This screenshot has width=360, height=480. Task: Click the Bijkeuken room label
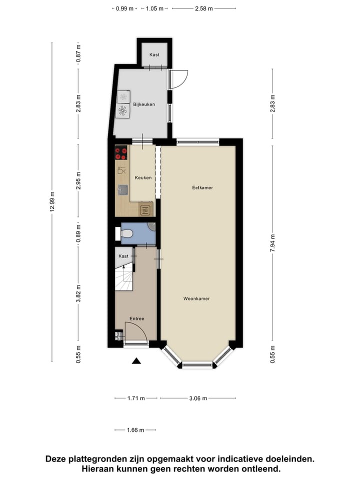(143, 104)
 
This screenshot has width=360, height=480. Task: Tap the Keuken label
(142, 177)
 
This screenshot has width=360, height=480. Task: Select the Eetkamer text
(202, 188)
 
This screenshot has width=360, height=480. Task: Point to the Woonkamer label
(196, 298)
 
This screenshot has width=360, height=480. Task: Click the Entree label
(136, 318)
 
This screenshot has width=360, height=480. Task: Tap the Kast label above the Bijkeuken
(154, 54)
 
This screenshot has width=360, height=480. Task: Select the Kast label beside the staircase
(123, 256)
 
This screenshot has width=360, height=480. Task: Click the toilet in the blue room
(127, 233)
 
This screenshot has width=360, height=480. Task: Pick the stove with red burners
(121, 152)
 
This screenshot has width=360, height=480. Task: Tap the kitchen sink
(122, 189)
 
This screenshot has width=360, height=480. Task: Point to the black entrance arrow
(136, 361)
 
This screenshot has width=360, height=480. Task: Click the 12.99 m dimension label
(52, 202)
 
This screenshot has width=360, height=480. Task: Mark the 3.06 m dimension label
(197, 398)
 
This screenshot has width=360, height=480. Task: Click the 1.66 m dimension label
(135, 430)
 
